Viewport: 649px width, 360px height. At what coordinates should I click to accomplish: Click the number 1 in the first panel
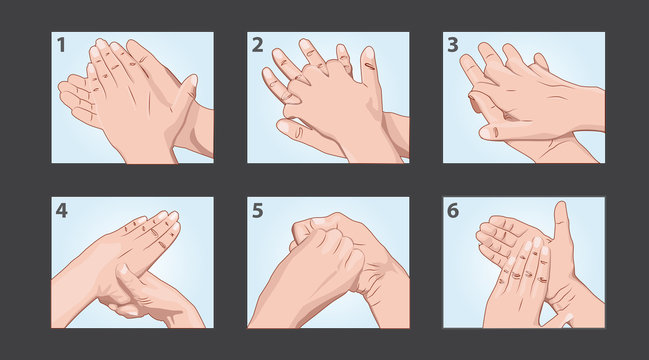point(61,44)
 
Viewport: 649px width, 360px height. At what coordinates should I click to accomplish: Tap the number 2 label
point(258,44)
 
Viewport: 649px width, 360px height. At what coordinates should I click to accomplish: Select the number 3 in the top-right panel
point(453,44)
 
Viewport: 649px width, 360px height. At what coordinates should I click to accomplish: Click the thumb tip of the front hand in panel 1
point(187,82)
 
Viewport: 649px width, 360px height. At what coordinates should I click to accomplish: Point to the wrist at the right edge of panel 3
point(590,108)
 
